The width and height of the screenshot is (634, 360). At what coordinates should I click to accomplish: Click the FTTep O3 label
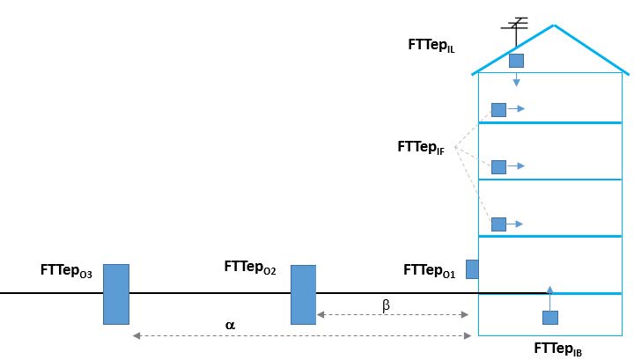point(66,271)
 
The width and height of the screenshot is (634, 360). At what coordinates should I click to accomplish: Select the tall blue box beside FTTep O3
point(116,294)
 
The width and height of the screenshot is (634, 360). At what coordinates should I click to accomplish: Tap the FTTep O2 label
point(250,268)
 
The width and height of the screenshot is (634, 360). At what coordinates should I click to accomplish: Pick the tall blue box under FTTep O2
point(303,295)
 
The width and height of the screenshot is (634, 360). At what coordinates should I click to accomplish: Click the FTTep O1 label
point(430,271)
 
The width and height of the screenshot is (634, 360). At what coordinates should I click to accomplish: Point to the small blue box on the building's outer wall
point(472,269)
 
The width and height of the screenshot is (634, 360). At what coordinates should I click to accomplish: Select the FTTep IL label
point(431,45)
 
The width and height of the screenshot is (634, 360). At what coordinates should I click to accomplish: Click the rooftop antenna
point(515,31)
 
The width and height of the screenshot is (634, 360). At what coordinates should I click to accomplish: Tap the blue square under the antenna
point(516,61)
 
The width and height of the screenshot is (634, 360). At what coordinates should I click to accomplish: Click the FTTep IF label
point(421,148)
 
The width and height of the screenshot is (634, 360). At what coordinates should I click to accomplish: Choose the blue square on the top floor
point(498,110)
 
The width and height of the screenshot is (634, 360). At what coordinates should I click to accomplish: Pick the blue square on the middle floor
point(498,167)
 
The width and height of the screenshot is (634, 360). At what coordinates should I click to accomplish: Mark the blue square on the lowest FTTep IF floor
point(498,224)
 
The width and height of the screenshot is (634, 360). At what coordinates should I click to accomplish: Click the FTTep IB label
point(558,349)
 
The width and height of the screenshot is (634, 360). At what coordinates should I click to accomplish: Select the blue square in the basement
point(550,318)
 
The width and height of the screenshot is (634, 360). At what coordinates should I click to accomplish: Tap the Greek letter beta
point(387,305)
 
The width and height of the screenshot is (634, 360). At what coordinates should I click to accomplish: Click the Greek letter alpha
point(230,325)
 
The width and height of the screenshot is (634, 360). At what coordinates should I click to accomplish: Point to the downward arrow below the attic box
point(516,79)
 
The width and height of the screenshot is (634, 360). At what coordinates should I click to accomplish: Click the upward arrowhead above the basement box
point(549,290)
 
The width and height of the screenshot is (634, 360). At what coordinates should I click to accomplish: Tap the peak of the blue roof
point(554,26)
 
